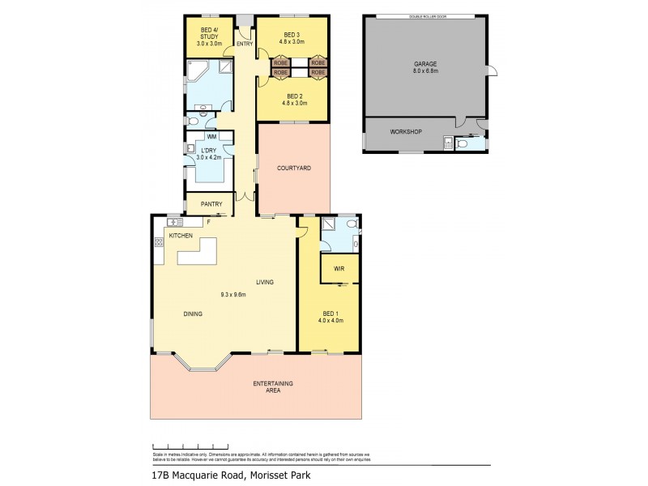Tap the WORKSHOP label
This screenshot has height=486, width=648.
[x=406, y=131]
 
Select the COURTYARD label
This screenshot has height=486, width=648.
[x=293, y=168]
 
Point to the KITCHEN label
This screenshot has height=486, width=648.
[x=180, y=235]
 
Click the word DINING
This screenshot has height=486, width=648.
[x=192, y=313]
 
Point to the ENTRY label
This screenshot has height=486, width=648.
[x=245, y=44]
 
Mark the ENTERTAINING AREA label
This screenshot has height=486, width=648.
[x=272, y=386]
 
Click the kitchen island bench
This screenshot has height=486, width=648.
[x=198, y=253]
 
